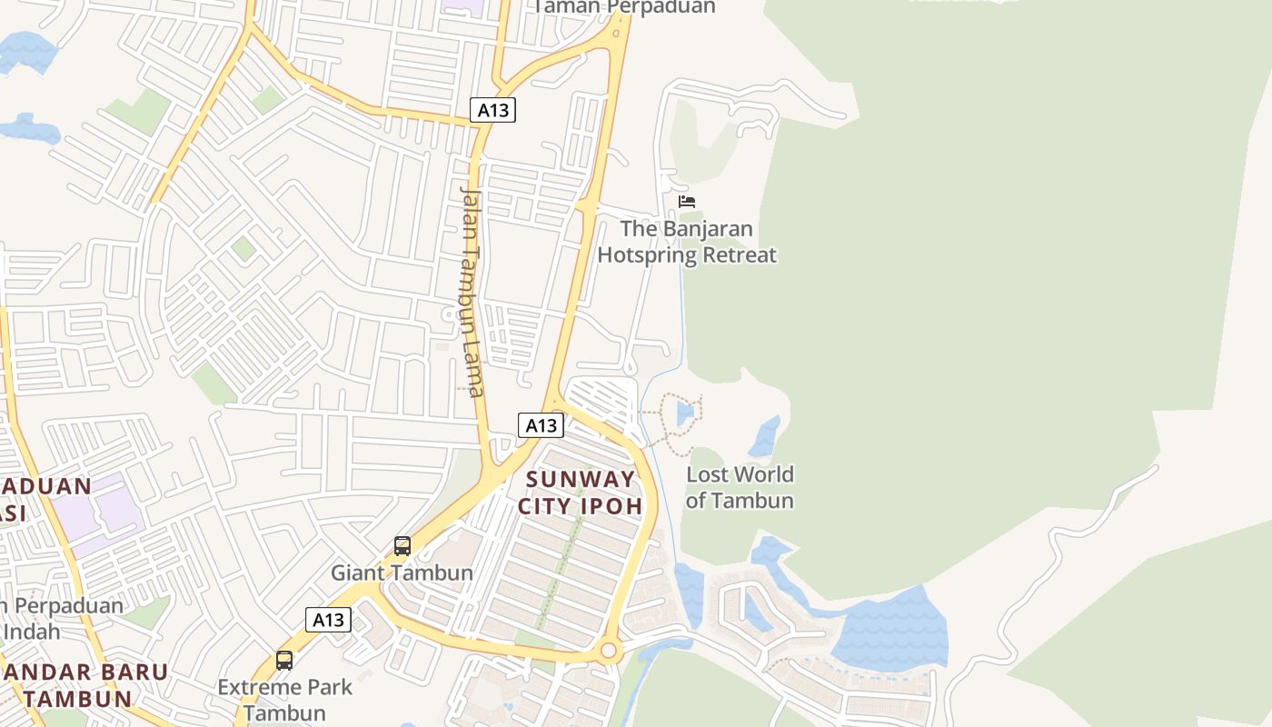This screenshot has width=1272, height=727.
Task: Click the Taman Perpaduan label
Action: tap(624, 7)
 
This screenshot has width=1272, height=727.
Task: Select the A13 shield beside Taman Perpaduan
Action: tap(493, 111)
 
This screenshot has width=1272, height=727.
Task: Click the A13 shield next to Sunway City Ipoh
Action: tap(541, 424)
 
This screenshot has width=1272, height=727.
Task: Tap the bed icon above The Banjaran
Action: tap(687, 201)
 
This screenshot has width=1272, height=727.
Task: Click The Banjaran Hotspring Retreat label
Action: tap(687, 242)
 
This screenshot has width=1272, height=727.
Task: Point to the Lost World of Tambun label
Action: tap(740, 487)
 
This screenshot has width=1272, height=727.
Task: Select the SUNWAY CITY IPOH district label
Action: tap(581, 493)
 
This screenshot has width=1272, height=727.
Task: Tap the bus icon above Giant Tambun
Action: tap(402, 546)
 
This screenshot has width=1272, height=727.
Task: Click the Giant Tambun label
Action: tap(402, 573)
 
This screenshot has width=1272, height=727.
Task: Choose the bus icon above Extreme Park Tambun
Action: tap(284, 661)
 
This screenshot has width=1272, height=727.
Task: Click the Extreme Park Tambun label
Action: tap(284, 700)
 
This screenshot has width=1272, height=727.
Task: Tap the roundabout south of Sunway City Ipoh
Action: tap(609, 651)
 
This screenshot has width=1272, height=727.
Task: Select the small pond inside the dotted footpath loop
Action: tap(685, 414)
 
